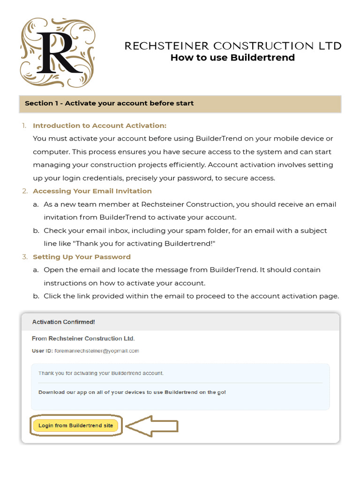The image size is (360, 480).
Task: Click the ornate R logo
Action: [57, 52]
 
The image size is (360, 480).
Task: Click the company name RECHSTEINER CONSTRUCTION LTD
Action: [232, 46]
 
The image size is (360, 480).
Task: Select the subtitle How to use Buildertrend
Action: [232, 58]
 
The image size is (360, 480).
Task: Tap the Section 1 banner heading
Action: [109, 103]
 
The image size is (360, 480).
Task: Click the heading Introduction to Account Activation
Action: [99, 126]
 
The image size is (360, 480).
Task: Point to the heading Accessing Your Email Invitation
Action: [92, 191]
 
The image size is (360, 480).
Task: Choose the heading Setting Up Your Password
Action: [82, 257]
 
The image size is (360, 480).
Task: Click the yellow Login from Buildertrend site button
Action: [75, 426]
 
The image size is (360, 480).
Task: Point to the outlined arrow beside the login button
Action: [152, 426]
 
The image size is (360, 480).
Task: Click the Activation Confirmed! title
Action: [63, 322]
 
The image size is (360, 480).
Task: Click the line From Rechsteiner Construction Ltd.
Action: [83, 338]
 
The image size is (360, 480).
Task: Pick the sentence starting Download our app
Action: [132, 392]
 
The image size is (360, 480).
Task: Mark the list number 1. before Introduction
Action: [24, 126]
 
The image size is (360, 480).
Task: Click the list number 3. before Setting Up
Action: [24, 257]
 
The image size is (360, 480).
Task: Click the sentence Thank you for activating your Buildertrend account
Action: [101, 373]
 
